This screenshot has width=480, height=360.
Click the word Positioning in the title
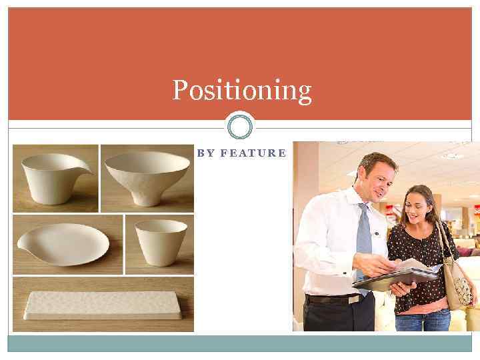241,90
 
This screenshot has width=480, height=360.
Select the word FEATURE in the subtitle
253,153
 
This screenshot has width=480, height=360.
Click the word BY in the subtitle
206,153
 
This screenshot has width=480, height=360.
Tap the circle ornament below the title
240,126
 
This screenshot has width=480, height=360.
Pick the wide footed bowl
147,176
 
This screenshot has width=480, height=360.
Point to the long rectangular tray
103,305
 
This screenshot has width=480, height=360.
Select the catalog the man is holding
397,275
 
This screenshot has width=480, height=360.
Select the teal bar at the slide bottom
240,343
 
